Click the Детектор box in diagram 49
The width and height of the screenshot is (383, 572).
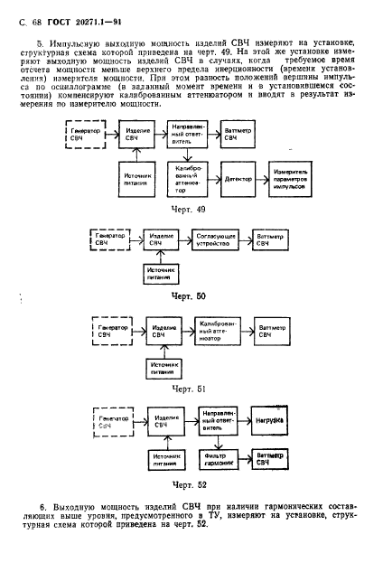pos(238,179)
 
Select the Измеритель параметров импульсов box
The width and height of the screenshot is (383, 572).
pos(290,179)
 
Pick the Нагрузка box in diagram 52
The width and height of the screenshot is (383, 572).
pos(269,420)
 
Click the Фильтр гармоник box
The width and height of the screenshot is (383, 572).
pos(219,460)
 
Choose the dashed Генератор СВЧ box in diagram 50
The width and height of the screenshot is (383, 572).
pos(110,239)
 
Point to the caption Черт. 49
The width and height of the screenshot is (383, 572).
pos(188,210)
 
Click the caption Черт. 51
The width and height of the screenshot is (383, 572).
pos(189,389)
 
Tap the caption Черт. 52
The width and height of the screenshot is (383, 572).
pos(189,485)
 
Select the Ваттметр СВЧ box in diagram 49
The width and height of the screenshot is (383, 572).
pos(238,134)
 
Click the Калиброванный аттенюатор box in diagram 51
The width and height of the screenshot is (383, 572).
pos(218,332)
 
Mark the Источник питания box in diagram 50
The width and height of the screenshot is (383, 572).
pos(161,274)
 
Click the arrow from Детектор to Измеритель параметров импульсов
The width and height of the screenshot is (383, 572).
pos(262,179)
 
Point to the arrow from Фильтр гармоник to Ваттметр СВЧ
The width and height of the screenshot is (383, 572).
pos(245,459)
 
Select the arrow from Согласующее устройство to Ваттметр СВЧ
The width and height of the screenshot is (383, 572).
pos(247,239)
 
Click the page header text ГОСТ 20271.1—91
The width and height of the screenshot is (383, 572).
pos(85,23)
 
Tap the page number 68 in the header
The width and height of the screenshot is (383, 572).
pos(36,23)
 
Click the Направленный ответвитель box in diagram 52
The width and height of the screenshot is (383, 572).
pos(218,420)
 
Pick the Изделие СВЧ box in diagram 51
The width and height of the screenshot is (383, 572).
pos(163,332)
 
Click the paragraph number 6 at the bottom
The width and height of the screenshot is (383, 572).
pos(42,508)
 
